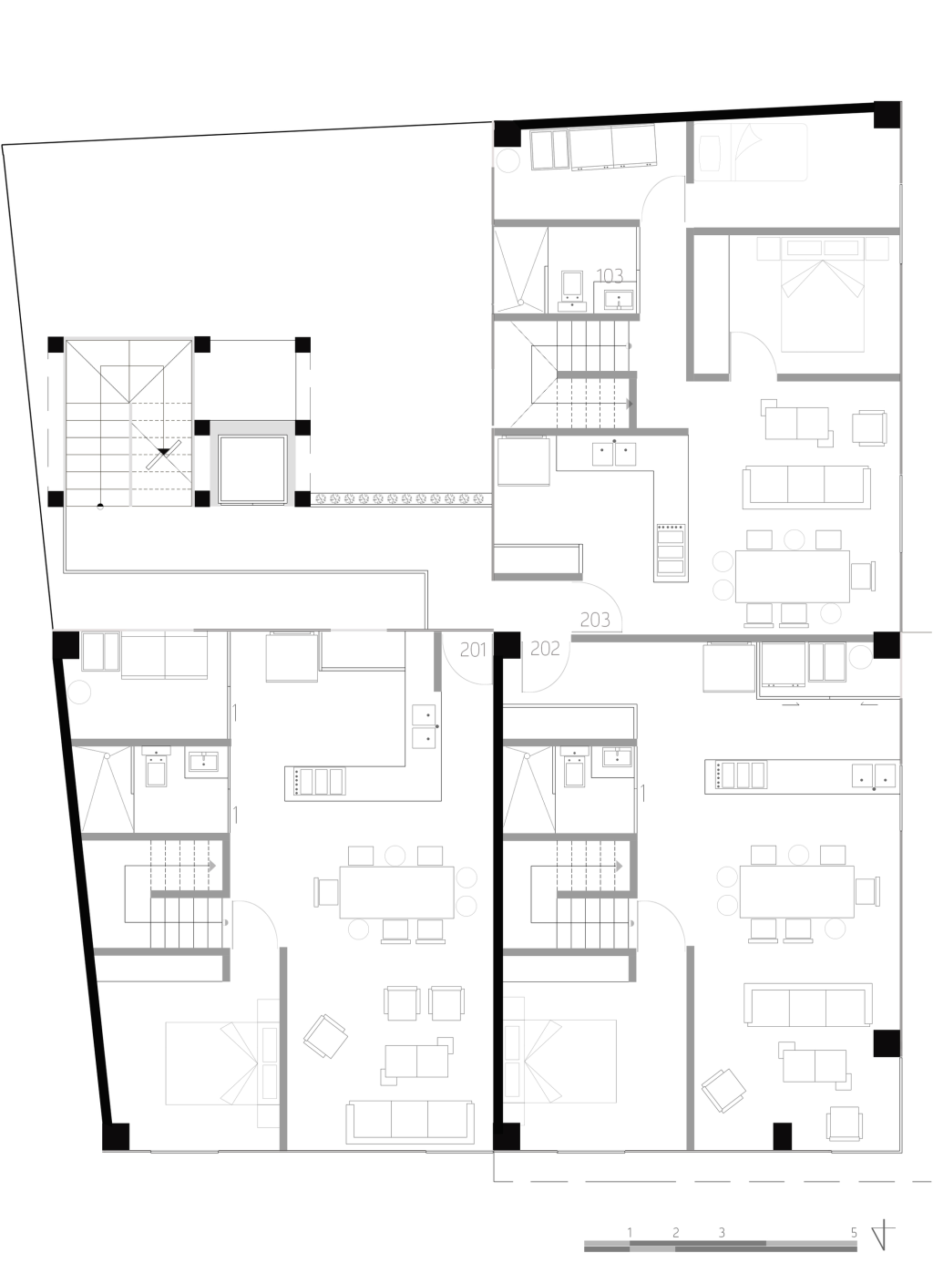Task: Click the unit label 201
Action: (x=473, y=650)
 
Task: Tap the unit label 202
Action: (x=545, y=649)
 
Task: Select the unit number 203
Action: (x=594, y=620)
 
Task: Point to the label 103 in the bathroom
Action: (x=610, y=276)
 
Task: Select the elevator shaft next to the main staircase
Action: (x=252, y=469)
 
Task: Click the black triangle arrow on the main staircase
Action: (x=164, y=452)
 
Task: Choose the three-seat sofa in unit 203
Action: (x=806, y=488)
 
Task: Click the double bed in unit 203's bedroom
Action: (x=823, y=294)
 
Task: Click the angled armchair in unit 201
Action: (x=325, y=1036)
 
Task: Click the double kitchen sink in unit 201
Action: (x=425, y=726)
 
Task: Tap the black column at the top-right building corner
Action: (x=887, y=115)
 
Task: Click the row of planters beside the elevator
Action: (x=401, y=498)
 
